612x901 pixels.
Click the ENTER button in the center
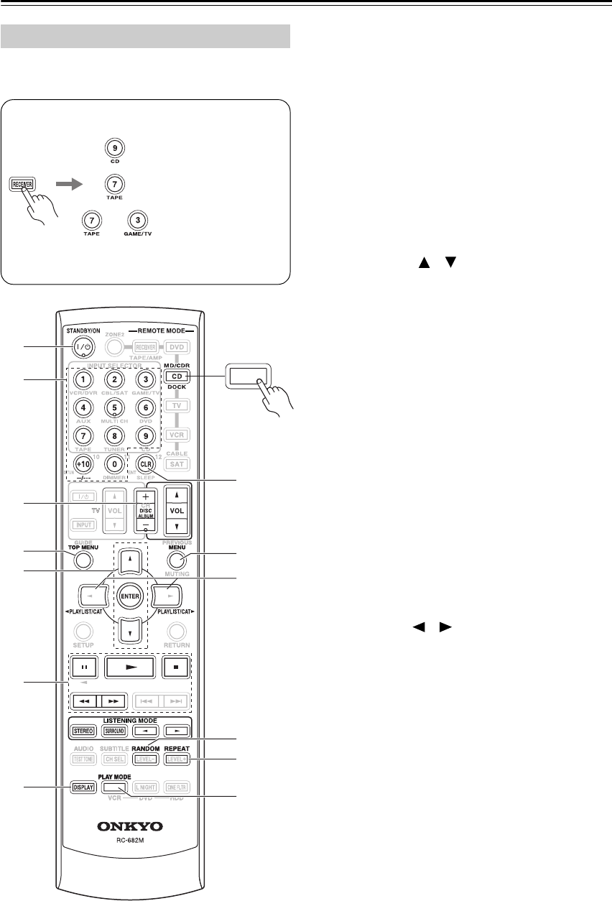coord(129,596)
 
